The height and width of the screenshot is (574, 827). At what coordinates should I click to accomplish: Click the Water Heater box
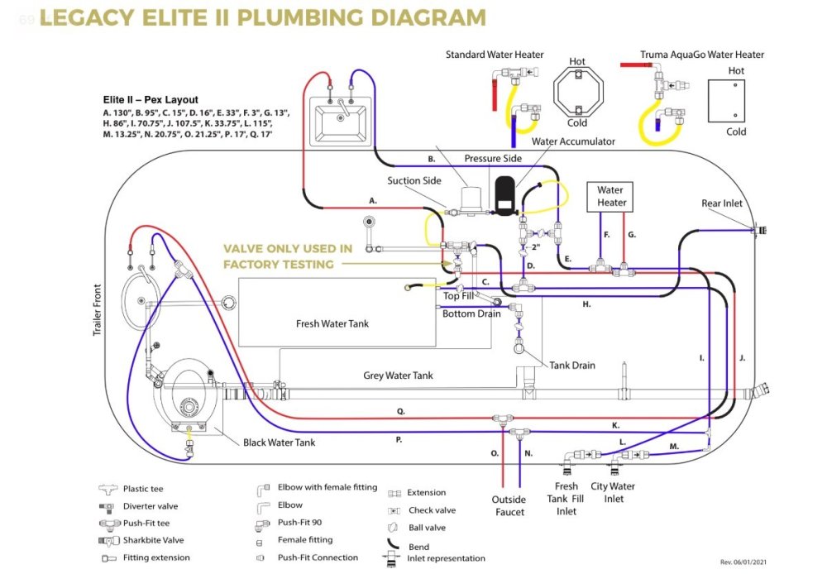[612, 196]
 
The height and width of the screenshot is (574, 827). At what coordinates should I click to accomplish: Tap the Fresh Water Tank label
[332, 323]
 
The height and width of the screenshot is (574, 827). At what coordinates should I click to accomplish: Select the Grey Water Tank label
[398, 375]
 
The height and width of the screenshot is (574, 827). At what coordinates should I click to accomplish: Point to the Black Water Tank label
[279, 442]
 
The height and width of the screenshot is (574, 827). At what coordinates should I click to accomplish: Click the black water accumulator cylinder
[504, 192]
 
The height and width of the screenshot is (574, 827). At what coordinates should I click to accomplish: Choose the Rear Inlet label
[721, 203]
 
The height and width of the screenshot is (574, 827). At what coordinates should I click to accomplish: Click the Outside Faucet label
[509, 505]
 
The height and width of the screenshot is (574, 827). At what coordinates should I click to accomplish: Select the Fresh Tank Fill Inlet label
[566, 499]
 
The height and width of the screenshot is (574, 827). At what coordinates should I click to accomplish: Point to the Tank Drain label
[572, 366]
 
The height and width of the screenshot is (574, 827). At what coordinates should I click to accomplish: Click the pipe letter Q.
[400, 411]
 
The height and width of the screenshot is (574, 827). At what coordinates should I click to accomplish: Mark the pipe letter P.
[399, 440]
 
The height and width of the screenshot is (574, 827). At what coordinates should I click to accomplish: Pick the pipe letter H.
[586, 304]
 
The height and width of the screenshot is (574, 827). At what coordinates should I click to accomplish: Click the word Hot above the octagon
[577, 62]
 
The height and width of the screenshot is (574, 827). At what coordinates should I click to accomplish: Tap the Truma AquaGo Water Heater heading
[702, 55]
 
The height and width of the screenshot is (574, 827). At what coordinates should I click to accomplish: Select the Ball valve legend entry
[427, 528]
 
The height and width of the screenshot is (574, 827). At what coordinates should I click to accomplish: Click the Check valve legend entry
[432, 510]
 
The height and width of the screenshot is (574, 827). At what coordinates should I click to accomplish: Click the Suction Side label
[414, 180]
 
